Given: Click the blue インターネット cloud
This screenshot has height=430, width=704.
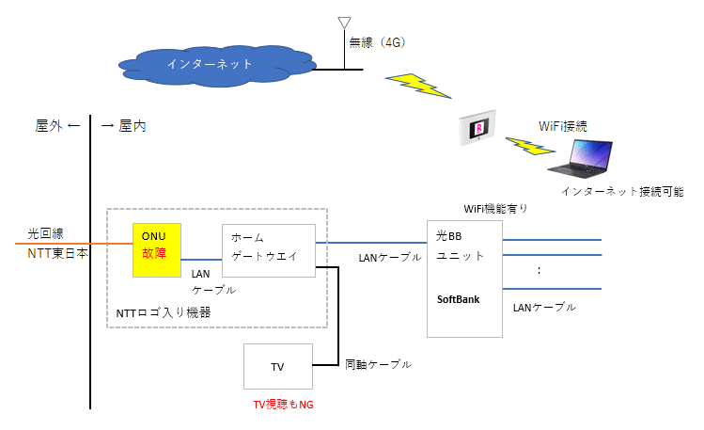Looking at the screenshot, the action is coord(215,66).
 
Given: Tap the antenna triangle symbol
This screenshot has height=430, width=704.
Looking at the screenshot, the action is coord(344,23).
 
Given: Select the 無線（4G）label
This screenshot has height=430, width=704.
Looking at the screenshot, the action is coord(378,42).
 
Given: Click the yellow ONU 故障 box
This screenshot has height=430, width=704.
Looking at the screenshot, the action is coord(157,250).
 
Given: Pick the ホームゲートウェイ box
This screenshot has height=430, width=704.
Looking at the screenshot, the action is coord(269,250).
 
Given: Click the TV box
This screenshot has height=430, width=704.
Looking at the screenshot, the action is coord(278,366).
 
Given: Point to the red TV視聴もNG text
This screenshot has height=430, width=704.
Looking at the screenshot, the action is coord(283,405).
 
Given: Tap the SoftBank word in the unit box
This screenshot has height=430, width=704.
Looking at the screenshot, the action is coord(458,299).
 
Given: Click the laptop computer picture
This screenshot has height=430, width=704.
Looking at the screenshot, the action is coord(580,159).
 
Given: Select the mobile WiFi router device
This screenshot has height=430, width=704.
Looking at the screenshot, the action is coord(477,128).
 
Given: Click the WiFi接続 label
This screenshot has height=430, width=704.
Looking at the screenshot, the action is coord(563,126).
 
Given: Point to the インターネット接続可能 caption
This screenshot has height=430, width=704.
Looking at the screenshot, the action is coord(622,191).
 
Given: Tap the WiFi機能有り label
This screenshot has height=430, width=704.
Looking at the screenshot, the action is coord(495,209).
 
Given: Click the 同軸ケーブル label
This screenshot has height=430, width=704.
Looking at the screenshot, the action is coord(378,364).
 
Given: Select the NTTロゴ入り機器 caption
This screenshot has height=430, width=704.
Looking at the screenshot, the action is coord(164,312).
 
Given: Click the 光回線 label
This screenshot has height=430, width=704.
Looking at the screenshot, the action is coord(46,233).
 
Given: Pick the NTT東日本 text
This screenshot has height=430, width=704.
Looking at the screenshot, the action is coord(57,253).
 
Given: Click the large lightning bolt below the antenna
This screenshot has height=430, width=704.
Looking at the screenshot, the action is coord(418,86).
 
